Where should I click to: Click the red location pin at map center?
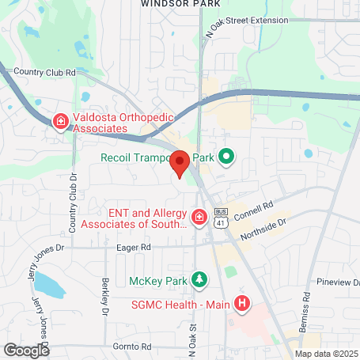coord(180,163)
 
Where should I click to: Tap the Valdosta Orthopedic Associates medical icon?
coord(60,121)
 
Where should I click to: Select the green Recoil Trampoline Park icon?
coord(225,157)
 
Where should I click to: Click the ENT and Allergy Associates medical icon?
coord(200,216)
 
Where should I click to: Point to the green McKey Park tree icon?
coord(201,279)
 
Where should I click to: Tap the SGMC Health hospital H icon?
coord(242,302)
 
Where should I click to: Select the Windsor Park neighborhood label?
coord(180,4)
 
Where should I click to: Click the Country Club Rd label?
coord(44,71)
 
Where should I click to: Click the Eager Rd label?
coord(134,247)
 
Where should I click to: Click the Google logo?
coord(26,349)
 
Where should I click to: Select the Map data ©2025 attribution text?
coord(327,354)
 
